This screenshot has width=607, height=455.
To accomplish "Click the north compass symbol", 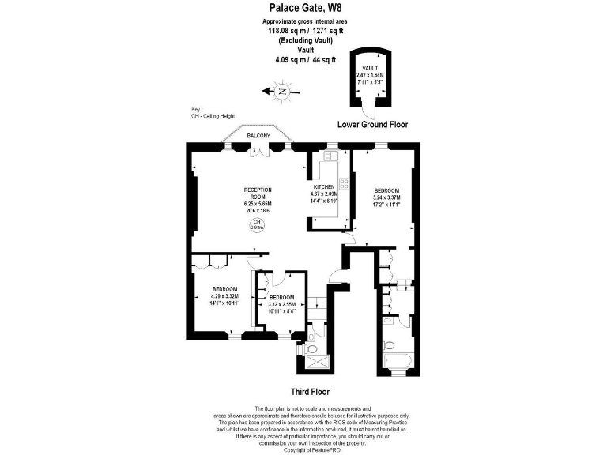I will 282,92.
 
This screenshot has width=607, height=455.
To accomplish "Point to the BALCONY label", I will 258,136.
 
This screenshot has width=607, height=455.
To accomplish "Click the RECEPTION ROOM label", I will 258,194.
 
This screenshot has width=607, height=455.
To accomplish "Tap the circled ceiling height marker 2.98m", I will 257,225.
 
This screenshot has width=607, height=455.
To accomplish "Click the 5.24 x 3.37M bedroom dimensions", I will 386,199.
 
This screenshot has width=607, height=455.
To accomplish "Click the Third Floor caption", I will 310,392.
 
